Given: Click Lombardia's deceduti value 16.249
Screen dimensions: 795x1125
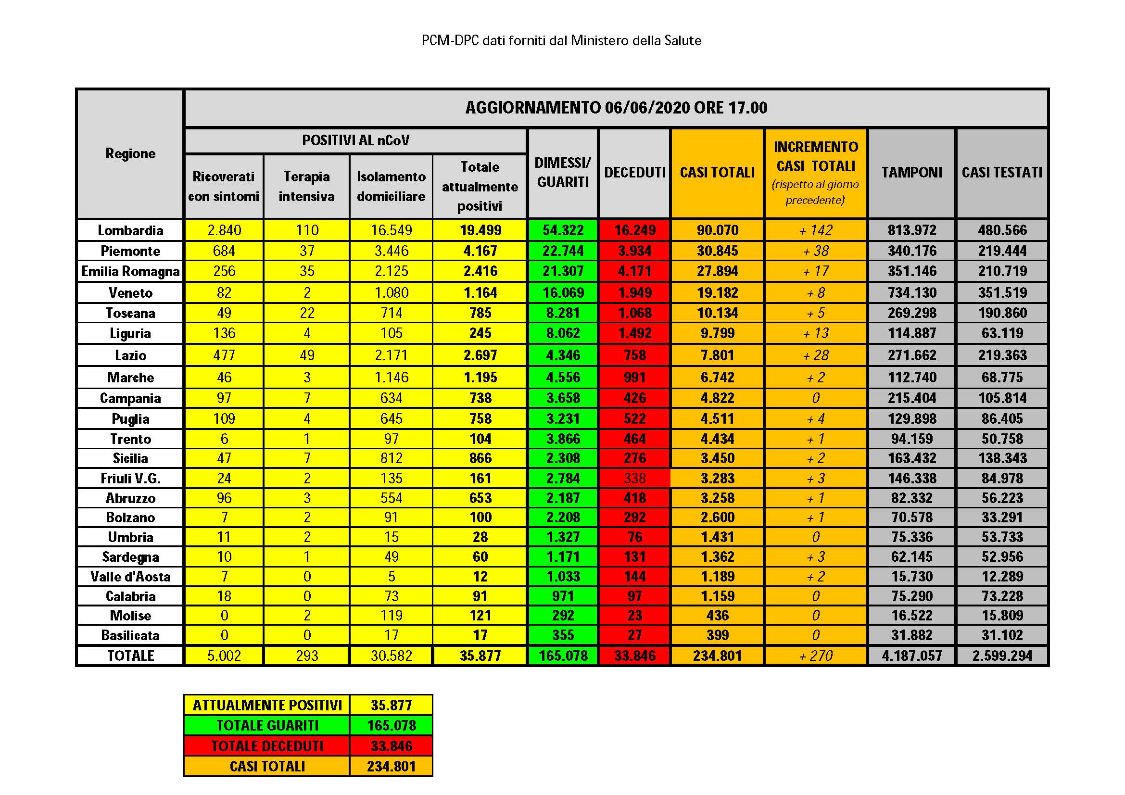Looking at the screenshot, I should pyautogui.click(x=634, y=230).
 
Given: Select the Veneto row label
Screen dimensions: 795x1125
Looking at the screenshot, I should pyautogui.click(x=130, y=293).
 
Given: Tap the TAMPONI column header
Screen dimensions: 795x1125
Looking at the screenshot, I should pyautogui.click(x=911, y=173).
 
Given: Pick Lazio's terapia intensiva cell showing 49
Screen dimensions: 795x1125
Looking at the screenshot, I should pyautogui.click(x=307, y=355).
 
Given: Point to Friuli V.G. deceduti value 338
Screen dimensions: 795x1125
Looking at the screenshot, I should pyautogui.click(x=634, y=478).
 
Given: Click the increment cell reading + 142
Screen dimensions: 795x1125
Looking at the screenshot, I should pyautogui.click(x=815, y=230).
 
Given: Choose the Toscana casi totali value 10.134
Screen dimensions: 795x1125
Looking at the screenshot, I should pyautogui.click(x=717, y=313).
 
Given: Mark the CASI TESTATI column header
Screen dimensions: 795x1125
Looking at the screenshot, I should pyautogui.click(x=1002, y=173).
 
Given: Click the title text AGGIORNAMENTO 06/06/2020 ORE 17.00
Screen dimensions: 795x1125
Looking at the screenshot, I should pyautogui.click(x=616, y=108).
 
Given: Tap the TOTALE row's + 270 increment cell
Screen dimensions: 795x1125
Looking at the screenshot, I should pyautogui.click(x=815, y=656).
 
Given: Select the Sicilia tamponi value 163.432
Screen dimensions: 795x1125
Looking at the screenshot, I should pyautogui.click(x=911, y=458).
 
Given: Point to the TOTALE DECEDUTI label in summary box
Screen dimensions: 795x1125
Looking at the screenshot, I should pyautogui.click(x=267, y=746).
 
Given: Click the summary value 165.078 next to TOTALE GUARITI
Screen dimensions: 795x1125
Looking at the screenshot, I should pyautogui.click(x=391, y=725).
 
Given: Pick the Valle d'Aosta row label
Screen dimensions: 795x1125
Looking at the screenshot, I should pyautogui.click(x=130, y=577).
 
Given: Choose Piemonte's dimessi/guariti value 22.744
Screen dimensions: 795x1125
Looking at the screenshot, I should pyautogui.click(x=563, y=251).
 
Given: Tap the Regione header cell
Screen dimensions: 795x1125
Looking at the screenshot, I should pyautogui.click(x=130, y=154).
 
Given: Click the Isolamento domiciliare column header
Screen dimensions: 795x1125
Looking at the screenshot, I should pyautogui.click(x=391, y=186).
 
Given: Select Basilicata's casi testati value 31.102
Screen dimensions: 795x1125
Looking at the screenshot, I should pyautogui.click(x=1002, y=635).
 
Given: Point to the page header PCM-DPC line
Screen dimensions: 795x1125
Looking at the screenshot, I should pyautogui.click(x=561, y=41).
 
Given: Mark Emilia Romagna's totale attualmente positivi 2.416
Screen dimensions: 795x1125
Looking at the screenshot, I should pyautogui.click(x=480, y=271).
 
